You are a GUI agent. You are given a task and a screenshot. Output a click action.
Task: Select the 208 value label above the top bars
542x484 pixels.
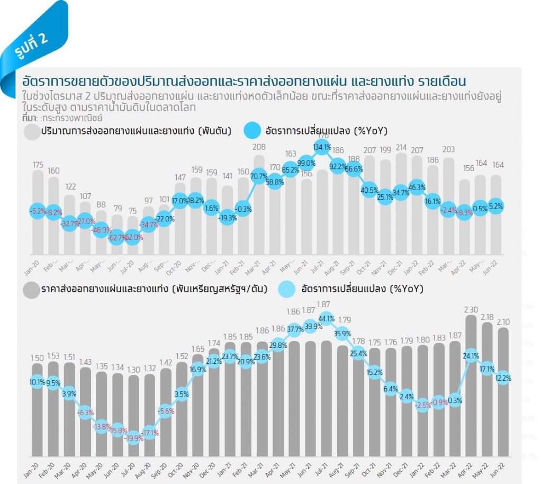[259, 147]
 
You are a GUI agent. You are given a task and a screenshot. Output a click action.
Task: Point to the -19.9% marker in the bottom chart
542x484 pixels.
[133, 437]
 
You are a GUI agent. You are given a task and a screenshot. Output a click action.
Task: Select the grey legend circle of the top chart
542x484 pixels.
[32, 131]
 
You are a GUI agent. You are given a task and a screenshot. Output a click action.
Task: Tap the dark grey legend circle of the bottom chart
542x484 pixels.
[32, 289]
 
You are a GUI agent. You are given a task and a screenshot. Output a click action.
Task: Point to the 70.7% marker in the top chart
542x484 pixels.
[259, 176]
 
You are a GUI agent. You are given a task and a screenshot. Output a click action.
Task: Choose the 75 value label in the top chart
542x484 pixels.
[133, 210]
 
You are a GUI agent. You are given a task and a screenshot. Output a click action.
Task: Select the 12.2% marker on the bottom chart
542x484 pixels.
[502, 378]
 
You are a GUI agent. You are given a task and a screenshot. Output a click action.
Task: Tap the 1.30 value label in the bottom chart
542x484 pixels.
[133, 370]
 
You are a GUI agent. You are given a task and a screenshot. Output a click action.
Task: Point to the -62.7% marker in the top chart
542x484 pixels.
[118, 237]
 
